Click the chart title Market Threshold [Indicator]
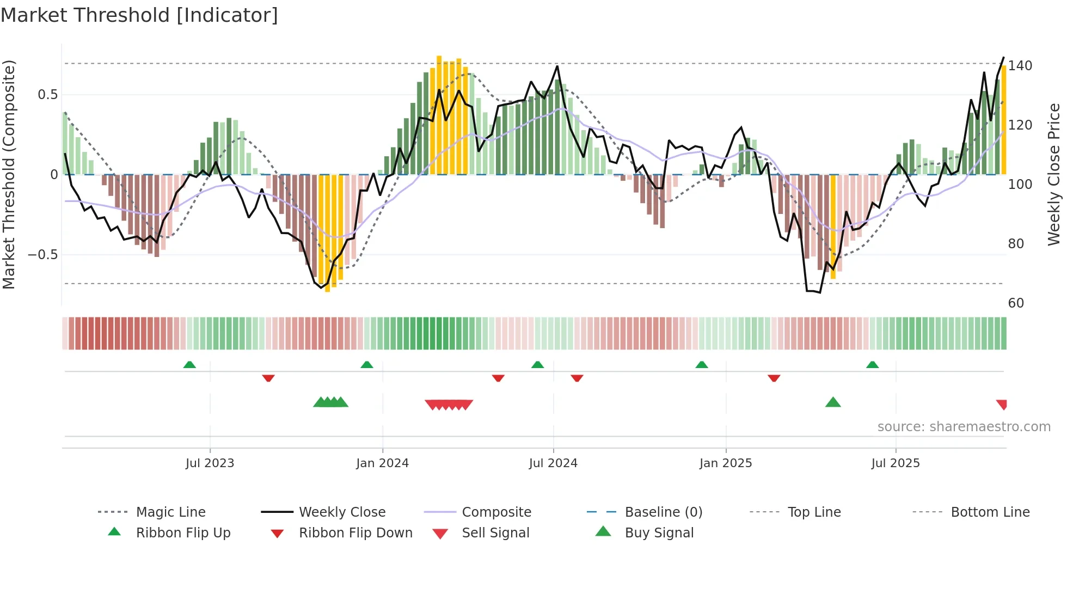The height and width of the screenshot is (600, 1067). (x=139, y=15)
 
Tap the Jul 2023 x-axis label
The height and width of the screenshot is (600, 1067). (x=210, y=463)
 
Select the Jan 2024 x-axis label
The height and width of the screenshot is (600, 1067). (x=382, y=463)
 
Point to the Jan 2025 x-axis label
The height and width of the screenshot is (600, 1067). (x=726, y=463)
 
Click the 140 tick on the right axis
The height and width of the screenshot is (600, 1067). (x=1020, y=66)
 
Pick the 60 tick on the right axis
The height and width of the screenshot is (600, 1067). (x=1016, y=303)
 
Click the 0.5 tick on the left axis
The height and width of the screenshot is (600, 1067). (x=47, y=95)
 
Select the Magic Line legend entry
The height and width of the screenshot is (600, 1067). (x=170, y=512)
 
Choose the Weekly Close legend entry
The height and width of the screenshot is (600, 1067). (x=342, y=512)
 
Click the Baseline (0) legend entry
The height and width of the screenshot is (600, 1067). (x=663, y=512)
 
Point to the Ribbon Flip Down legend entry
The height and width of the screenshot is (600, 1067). (x=355, y=533)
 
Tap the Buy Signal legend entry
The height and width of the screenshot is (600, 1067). (x=659, y=533)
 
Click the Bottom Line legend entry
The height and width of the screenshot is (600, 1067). (x=990, y=512)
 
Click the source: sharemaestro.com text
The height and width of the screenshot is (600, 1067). (x=964, y=427)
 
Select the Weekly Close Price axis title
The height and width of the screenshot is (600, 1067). (x=1054, y=174)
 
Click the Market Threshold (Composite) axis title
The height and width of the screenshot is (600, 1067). (x=9, y=174)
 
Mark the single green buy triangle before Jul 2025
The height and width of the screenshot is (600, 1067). (x=833, y=402)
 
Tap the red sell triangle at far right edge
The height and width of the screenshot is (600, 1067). (x=1002, y=404)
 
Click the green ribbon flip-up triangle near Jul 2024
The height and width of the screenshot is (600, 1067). (x=538, y=365)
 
